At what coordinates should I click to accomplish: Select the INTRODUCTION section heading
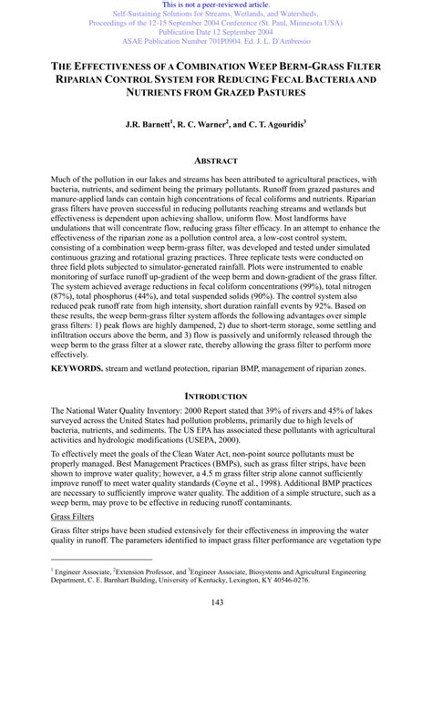215,422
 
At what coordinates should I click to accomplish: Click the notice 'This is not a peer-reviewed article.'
215,5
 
